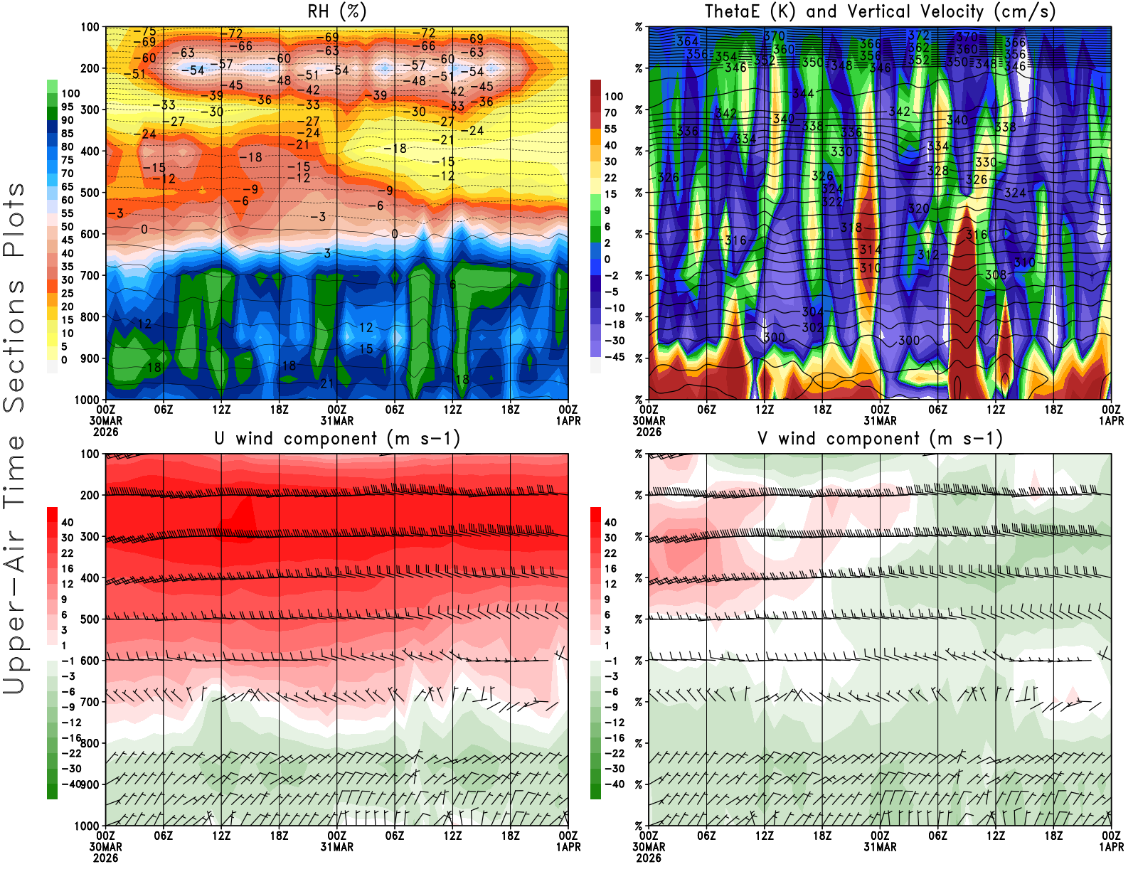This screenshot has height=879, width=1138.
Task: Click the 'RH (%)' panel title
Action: click(336, 12)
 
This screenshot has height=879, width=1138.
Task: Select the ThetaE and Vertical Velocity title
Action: click(880, 12)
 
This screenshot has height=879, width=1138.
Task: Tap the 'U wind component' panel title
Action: click(336, 439)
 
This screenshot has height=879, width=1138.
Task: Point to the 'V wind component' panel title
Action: click(880, 439)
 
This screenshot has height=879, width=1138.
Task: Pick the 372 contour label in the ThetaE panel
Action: click(919, 35)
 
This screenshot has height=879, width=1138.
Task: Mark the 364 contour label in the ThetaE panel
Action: click(688, 41)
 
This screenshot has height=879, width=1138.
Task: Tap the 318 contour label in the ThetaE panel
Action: click(851, 228)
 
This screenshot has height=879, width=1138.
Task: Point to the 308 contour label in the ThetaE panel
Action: click(996, 275)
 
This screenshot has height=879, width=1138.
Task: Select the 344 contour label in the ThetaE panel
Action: click(804, 93)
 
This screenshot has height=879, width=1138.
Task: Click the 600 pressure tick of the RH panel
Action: click(90, 234)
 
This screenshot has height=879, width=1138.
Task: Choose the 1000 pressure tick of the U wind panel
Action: click(87, 826)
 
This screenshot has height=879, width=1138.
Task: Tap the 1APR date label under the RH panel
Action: click(568, 421)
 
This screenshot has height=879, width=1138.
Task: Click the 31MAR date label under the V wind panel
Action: click(880, 847)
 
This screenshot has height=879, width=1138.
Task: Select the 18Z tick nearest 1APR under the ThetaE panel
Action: click(1053, 410)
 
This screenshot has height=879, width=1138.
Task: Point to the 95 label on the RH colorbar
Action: click(67, 107)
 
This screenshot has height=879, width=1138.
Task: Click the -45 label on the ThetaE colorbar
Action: click(614, 357)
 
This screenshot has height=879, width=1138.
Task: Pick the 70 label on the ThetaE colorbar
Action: click(610, 112)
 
